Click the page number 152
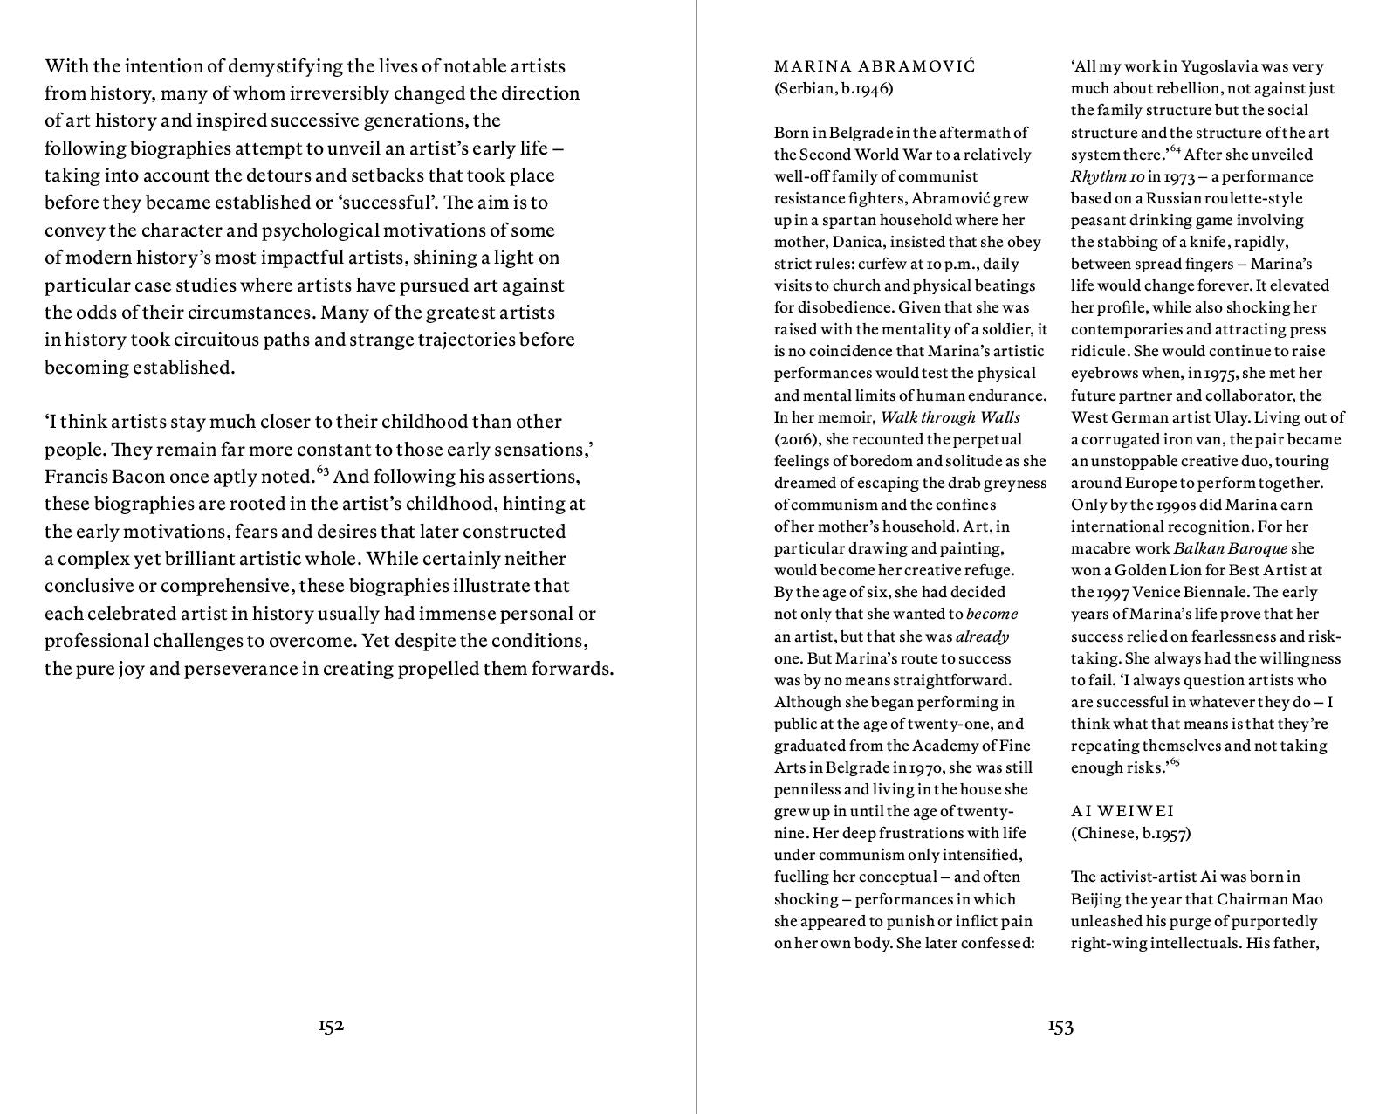pyautogui.click(x=331, y=1026)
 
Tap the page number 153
pyautogui.click(x=1060, y=1027)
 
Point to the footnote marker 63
pyautogui.click(x=322, y=471)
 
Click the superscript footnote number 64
pyautogui.click(x=1175, y=150)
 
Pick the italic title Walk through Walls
pyautogui.click(x=950, y=417)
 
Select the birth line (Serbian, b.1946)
pyautogui.click(x=834, y=88)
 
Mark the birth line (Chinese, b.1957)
pyautogui.click(x=1130, y=833)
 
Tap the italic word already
pyautogui.click(x=982, y=636)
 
